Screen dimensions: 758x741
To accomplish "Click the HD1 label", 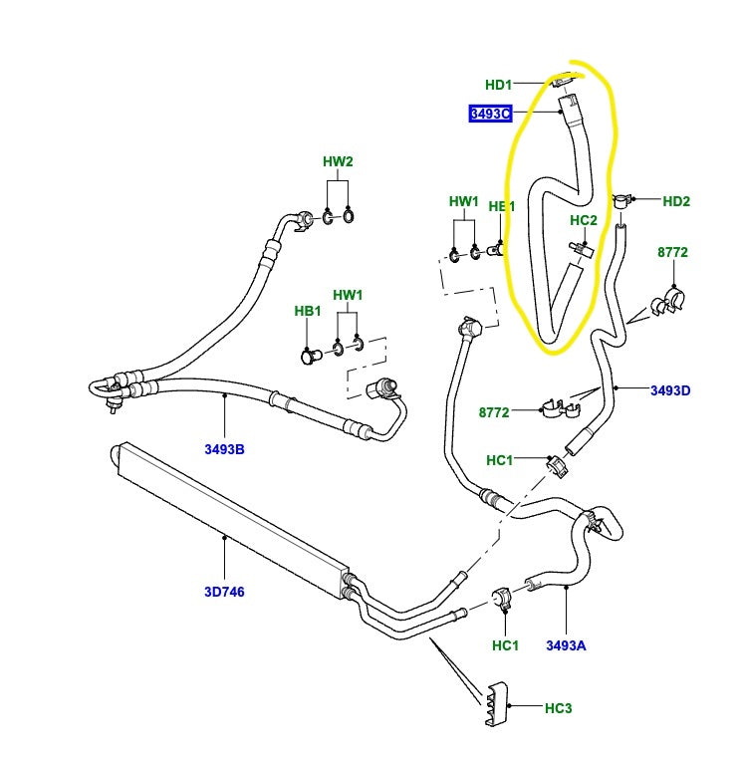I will coord(498,85).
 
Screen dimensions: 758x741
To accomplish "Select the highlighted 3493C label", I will coord(490,114).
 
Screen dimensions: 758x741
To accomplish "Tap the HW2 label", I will coord(338,161).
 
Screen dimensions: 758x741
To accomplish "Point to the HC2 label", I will coord(584,220).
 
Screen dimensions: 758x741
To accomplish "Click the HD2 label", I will coord(676,201).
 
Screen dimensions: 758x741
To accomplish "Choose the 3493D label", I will coord(671,389).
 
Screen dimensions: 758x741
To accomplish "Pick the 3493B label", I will coord(225,449).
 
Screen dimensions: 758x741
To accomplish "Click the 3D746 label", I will coord(225,592).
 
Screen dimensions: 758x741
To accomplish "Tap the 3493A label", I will coord(566,645).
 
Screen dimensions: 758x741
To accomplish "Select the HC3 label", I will coord(559,708).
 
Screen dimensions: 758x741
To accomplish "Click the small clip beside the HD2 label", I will coord(623,202).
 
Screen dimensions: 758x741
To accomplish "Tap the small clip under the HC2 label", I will coord(580,247).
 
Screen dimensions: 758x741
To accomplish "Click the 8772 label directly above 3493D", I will coord(672,253).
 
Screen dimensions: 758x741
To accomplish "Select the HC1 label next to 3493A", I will coord(506,645).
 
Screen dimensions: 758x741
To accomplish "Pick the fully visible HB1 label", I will coord(308,311).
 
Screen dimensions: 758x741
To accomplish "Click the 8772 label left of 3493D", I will coord(494,410).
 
